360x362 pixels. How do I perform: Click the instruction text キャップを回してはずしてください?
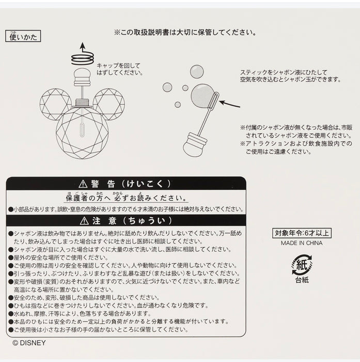click(119, 69)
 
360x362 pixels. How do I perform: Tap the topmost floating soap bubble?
click(196, 71)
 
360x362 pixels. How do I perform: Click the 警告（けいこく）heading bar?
click(126, 184)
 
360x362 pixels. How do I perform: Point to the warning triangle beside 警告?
click(82, 184)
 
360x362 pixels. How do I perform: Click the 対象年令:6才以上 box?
click(302, 233)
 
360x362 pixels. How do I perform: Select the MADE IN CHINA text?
click(302, 243)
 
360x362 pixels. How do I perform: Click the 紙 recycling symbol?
click(302, 264)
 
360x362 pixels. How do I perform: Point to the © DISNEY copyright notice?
click(29, 342)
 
